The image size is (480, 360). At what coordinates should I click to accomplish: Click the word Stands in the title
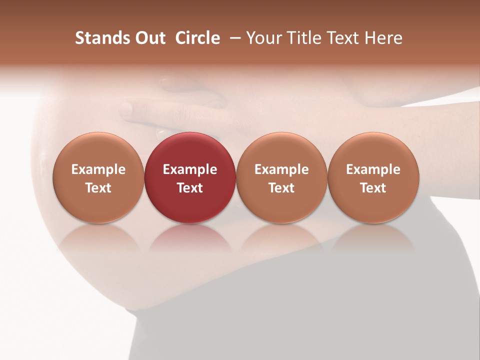(x=102, y=38)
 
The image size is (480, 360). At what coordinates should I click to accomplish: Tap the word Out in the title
(x=149, y=38)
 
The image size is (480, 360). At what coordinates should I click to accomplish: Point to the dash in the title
(x=233, y=38)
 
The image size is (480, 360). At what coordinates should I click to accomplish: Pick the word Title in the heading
(x=305, y=38)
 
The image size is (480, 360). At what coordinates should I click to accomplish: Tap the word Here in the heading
(x=383, y=38)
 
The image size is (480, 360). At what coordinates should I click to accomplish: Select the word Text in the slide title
(x=345, y=38)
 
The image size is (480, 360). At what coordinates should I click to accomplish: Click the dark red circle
(x=190, y=177)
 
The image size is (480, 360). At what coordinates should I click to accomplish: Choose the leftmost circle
(x=98, y=177)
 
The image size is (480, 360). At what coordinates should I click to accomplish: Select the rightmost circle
(x=373, y=177)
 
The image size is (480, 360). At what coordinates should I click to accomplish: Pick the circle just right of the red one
(x=281, y=177)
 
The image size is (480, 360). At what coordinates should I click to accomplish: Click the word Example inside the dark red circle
(x=190, y=169)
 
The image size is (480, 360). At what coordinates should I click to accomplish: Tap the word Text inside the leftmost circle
(x=98, y=188)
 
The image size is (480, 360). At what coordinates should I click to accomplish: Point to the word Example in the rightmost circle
(x=373, y=169)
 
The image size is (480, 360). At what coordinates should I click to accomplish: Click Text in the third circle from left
(x=281, y=188)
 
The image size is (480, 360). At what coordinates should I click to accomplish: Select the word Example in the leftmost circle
(x=98, y=169)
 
